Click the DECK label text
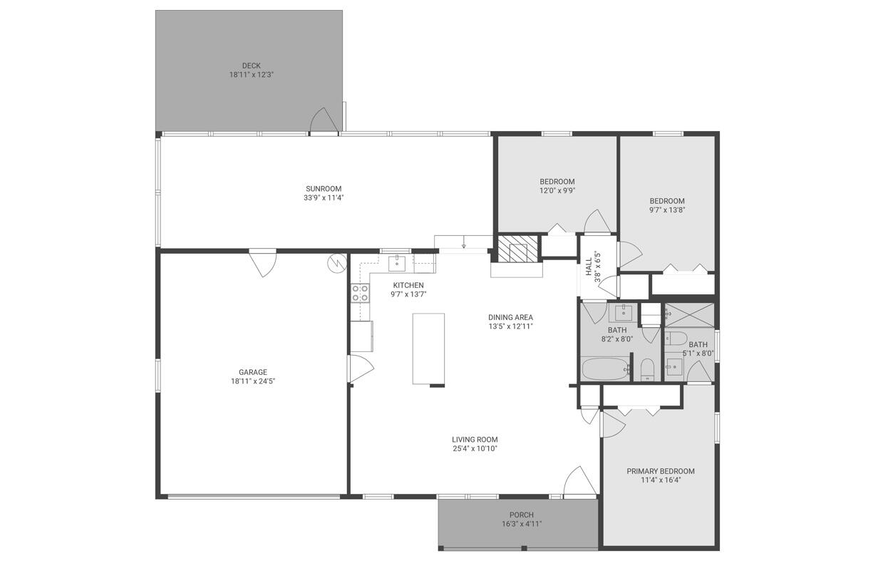click(x=251, y=66)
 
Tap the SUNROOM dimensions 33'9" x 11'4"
click(x=324, y=198)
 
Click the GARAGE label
click(x=253, y=372)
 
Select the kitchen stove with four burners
click(x=360, y=293)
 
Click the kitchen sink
click(x=397, y=264)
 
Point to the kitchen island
click(x=428, y=349)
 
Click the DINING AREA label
click(x=510, y=317)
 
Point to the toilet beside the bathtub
click(x=647, y=369)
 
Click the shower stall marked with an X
click(x=689, y=313)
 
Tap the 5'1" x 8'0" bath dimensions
click(x=698, y=353)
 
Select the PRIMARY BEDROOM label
click(x=661, y=471)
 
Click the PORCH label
click(x=522, y=515)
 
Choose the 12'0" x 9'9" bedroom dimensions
click(x=557, y=190)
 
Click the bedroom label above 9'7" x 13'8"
click(x=667, y=201)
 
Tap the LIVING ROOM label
click(x=475, y=440)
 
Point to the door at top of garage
click(x=263, y=262)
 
